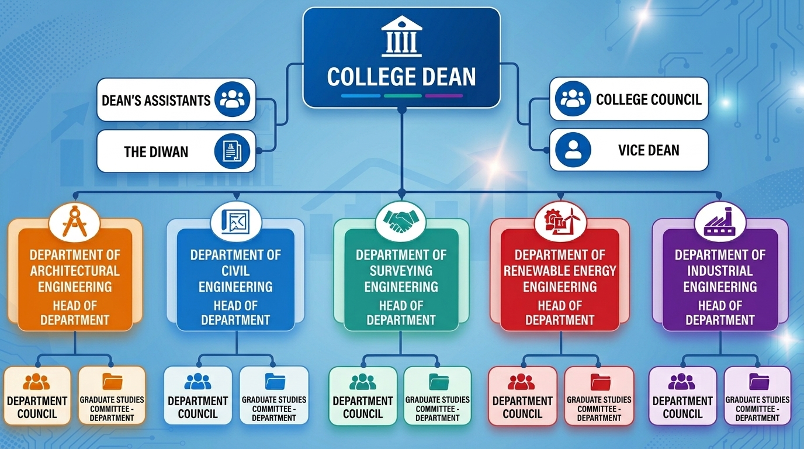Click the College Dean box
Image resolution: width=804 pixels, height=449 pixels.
click(x=401, y=57)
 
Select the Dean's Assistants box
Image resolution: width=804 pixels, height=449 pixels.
click(x=176, y=99)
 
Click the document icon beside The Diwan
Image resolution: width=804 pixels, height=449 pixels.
click(x=232, y=151)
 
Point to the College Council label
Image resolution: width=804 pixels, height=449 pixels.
click(x=649, y=99)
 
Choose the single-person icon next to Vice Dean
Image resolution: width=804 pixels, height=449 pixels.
click(x=573, y=150)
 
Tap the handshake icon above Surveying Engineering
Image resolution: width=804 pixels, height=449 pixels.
click(x=401, y=221)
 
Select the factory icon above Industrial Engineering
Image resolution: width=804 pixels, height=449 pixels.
click(x=720, y=222)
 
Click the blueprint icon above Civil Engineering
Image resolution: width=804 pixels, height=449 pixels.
click(x=235, y=221)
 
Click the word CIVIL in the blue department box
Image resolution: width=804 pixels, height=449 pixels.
click(x=235, y=271)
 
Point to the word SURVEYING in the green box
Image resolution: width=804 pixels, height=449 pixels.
click(x=401, y=271)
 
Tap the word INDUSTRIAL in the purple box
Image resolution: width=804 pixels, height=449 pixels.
click(x=720, y=271)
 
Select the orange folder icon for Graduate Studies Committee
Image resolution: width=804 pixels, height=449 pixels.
click(x=112, y=381)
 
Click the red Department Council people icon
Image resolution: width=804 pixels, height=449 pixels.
click(x=521, y=382)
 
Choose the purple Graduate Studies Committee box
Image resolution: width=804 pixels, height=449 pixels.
click(x=757, y=395)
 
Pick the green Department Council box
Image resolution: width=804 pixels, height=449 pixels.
click(x=363, y=395)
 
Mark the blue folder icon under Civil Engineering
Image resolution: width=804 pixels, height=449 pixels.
click(x=275, y=381)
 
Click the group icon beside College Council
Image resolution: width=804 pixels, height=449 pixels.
click(x=573, y=98)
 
